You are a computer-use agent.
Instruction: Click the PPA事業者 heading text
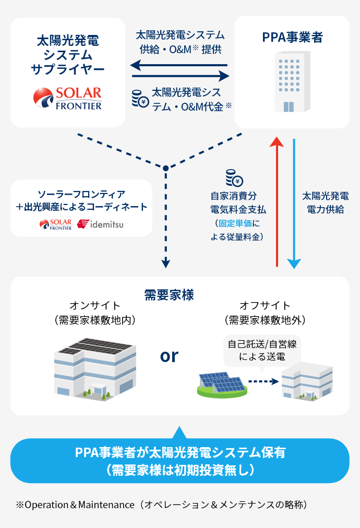point(292,37)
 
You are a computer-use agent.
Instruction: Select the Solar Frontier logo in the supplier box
point(67,98)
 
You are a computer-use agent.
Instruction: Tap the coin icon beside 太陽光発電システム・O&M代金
point(139,99)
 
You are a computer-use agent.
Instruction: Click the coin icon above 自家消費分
point(234,178)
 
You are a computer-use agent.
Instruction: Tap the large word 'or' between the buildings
point(169,356)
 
